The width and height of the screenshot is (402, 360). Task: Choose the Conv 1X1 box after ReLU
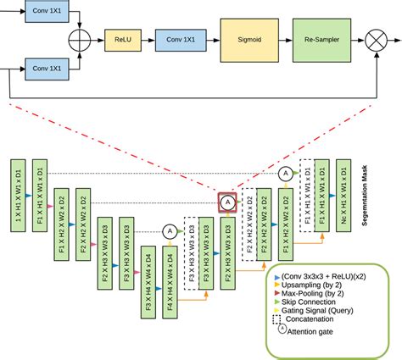coord(180,39)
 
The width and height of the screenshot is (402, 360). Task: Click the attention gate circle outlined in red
coord(227,202)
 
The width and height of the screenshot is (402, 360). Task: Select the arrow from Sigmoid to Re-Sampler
coord(282,39)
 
